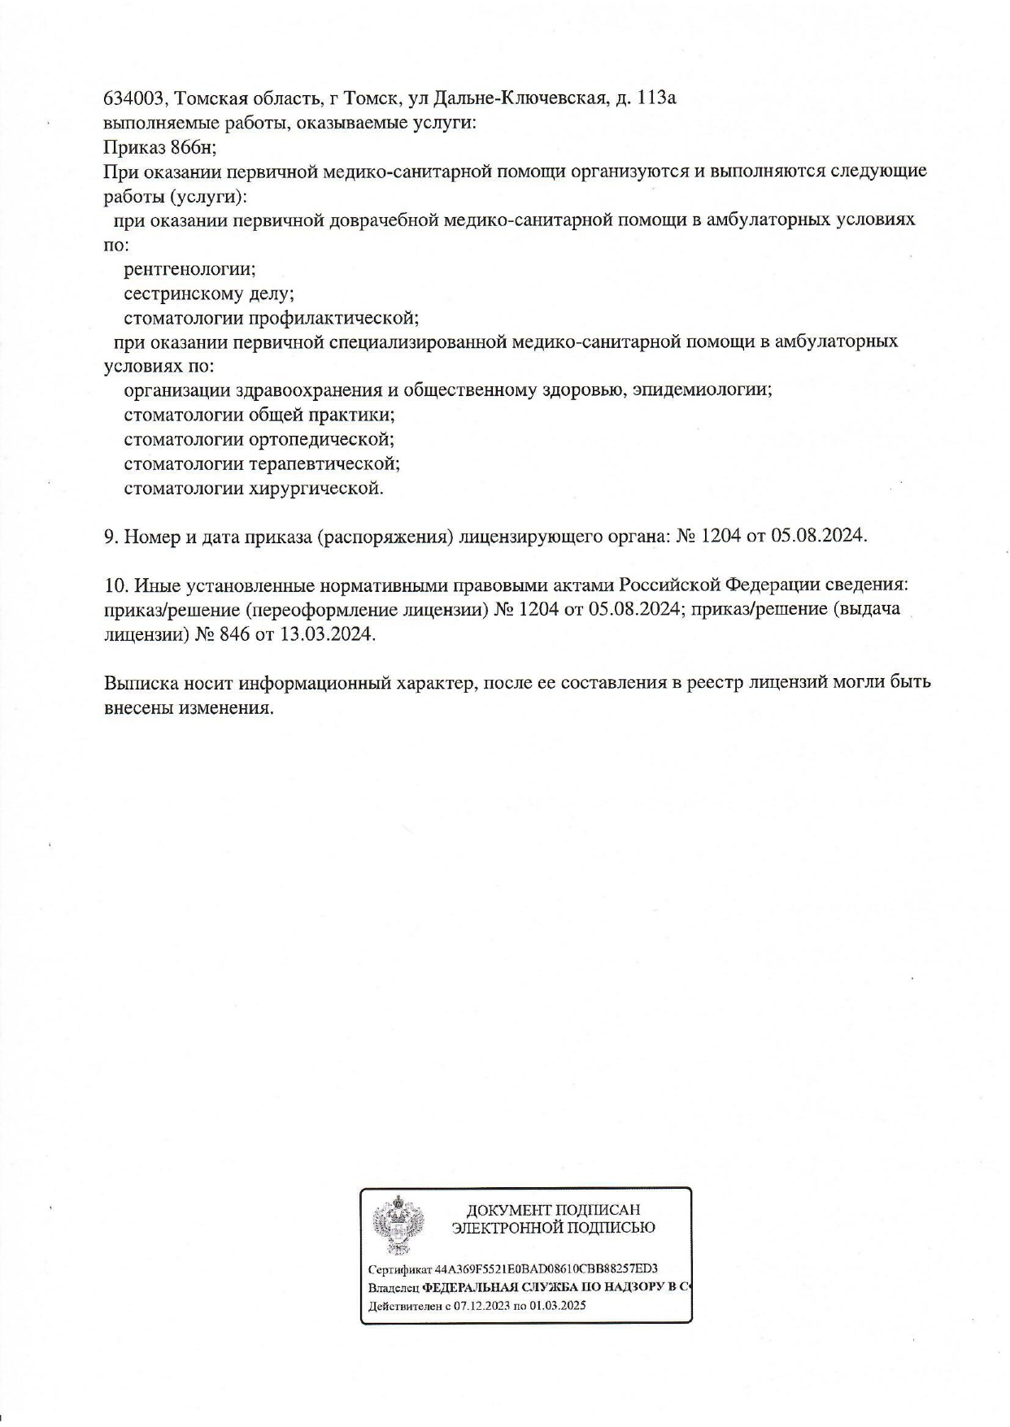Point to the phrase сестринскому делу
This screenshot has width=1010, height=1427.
tap(208, 293)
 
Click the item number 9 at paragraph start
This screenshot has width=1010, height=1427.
tap(110, 536)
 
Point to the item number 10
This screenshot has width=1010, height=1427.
tap(114, 585)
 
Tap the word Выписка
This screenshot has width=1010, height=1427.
tap(137, 682)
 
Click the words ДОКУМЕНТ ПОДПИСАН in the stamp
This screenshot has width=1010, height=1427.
tap(553, 1211)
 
